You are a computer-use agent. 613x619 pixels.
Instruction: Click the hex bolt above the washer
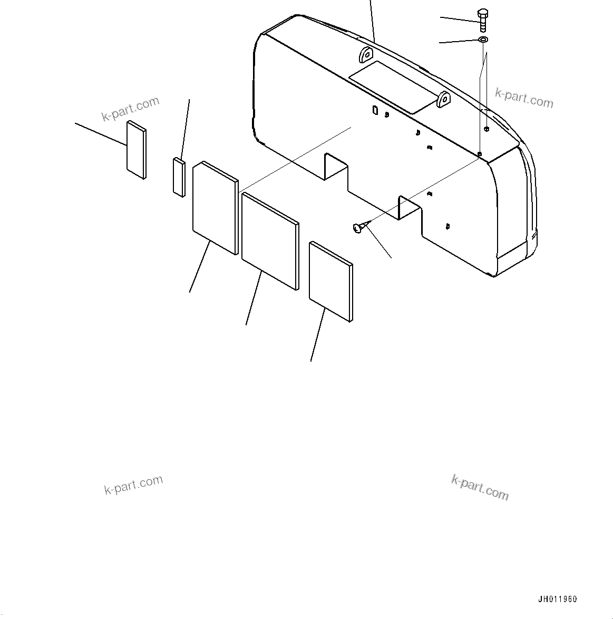(x=483, y=20)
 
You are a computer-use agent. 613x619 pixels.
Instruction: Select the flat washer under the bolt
(x=483, y=40)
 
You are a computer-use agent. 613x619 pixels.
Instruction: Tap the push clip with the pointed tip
(x=358, y=227)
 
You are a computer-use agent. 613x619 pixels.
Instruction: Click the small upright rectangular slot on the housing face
(x=375, y=110)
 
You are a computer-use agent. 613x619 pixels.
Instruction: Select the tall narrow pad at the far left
(x=136, y=150)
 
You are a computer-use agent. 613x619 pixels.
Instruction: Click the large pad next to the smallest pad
(x=215, y=207)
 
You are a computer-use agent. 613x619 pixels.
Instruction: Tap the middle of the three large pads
(x=270, y=241)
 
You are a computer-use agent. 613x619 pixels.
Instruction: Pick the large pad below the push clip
(x=330, y=281)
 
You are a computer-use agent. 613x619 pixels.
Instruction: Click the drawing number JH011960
(x=557, y=599)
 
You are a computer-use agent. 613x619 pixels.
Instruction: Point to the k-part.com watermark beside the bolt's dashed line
(x=524, y=98)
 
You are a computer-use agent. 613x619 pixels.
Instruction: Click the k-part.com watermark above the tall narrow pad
(x=131, y=109)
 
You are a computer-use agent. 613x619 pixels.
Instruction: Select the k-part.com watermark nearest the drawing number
(x=480, y=487)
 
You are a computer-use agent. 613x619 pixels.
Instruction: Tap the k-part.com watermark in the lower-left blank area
(x=133, y=485)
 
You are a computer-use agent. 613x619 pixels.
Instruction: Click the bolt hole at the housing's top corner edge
(x=479, y=154)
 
